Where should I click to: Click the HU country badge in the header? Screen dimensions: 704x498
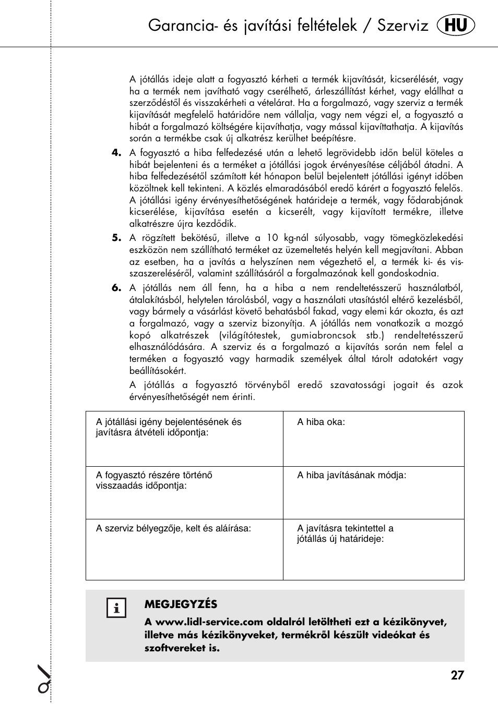pyautogui.click(x=456, y=25)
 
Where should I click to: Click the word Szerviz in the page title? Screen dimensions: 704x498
pyautogui.click(x=402, y=25)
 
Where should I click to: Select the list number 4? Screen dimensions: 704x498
pyautogui.click(x=116, y=152)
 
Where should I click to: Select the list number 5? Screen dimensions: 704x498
pyautogui.click(x=116, y=237)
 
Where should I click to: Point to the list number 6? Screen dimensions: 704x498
pyautogui.click(x=116, y=287)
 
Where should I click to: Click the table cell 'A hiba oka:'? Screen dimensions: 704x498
pyautogui.click(x=373, y=439)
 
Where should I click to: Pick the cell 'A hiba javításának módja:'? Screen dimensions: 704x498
pyautogui.click(x=373, y=492)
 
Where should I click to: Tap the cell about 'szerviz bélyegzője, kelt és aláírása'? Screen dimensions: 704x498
pyautogui.click(x=184, y=549)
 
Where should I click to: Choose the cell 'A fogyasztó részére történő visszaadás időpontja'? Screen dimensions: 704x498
pyautogui.click(x=184, y=492)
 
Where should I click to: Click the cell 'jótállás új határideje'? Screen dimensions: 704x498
pyautogui.click(x=373, y=549)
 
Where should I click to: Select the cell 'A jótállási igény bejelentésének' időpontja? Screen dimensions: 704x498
pyautogui.click(x=184, y=439)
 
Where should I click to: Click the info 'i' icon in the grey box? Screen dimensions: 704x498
pyautogui.click(x=116, y=608)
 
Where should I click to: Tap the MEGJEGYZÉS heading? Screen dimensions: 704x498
pyautogui.click(x=181, y=604)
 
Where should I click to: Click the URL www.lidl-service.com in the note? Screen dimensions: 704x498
pyautogui.click(x=209, y=622)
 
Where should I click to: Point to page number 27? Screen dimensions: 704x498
pyautogui.click(x=457, y=675)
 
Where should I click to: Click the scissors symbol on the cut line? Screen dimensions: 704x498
pyautogui.click(x=45, y=679)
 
